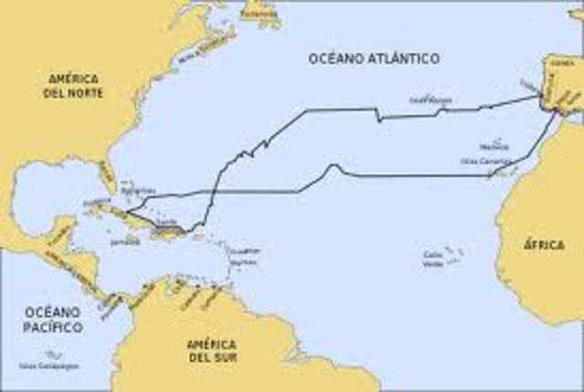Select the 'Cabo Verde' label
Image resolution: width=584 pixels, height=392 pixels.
tap(436, 260)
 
